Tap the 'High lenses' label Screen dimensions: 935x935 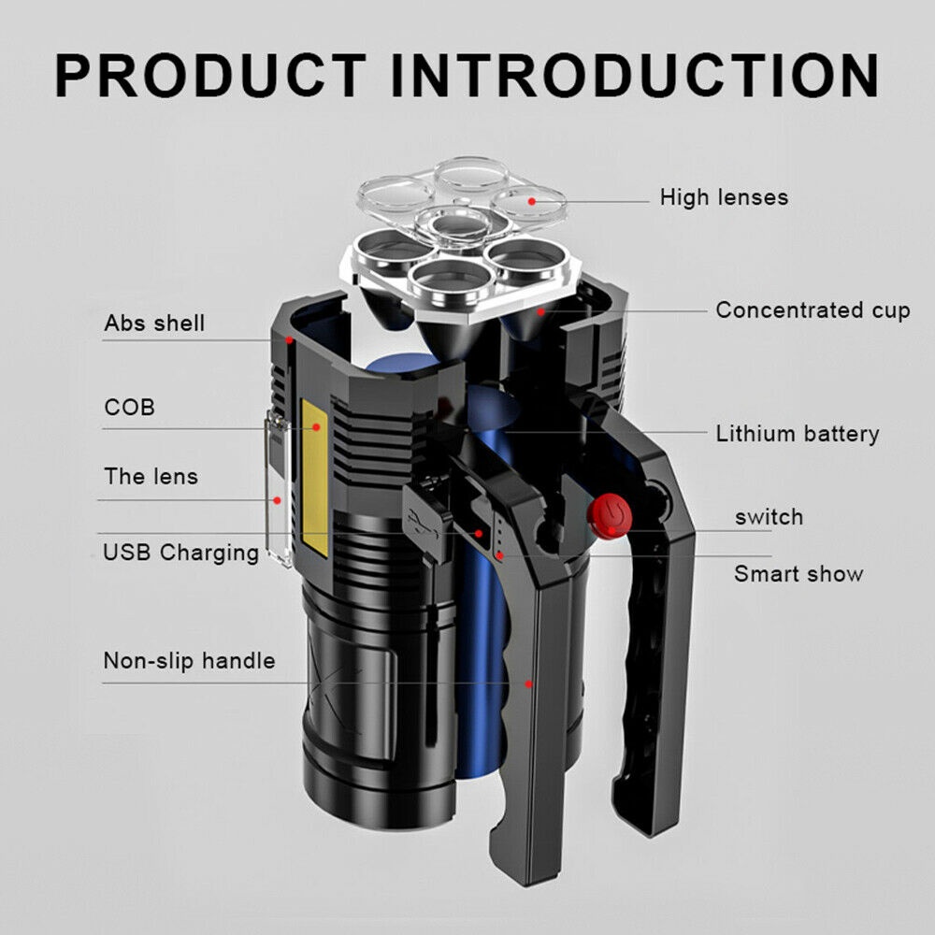(x=724, y=197)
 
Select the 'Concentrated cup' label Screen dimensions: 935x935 (x=813, y=310)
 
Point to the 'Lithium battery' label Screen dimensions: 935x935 (x=798, y=434)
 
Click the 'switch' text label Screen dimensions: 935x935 (x=769, y=517)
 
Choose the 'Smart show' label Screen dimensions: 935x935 (x=798, y=574)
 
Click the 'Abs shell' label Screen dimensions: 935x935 (x=154, y=324)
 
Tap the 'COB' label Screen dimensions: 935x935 (x=129, y=408)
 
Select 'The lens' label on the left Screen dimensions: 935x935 (x=151, y=476)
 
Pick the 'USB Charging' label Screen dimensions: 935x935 (x=180, y=552)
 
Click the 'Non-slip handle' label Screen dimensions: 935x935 (x=189, y=661)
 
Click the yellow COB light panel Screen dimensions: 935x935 (x=315, y=477)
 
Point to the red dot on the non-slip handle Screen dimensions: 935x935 (x=528, y=683)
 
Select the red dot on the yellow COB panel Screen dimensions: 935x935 (x=317, y=427)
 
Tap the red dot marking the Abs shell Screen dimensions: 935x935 (x=291, y=339)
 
